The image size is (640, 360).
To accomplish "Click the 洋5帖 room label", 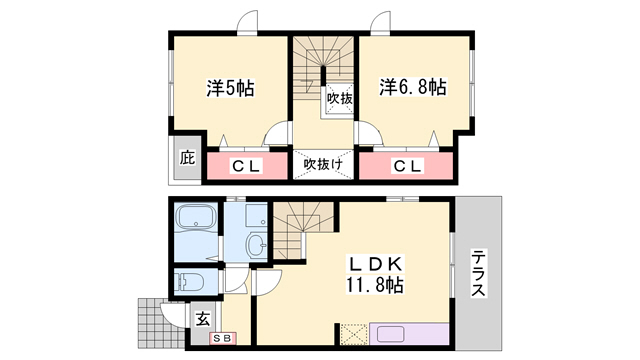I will coord(230,88).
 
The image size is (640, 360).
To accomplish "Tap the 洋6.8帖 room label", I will coord(412,88).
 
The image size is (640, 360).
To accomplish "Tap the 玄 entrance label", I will coord(202,320).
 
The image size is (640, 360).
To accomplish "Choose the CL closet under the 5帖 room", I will coord(246,166).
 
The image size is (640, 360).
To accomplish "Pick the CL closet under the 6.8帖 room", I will coord(406,166).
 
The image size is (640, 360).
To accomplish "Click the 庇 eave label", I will coord(186,157).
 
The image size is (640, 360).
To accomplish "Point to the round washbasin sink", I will coord(256,244).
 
